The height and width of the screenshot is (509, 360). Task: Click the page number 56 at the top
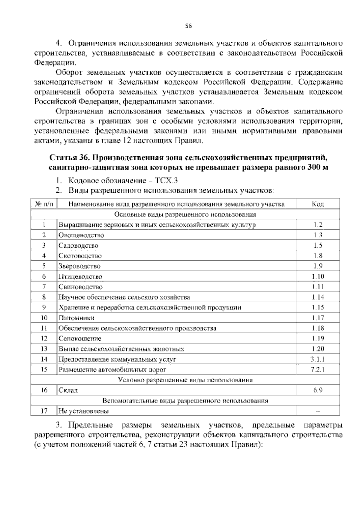click(x=188, y=26)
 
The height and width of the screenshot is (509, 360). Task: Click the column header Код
click(x=318, y=204)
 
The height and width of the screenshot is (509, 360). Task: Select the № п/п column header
click(x=44, y=204)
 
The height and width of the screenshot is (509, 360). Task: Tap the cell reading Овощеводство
click(x=81, y=235)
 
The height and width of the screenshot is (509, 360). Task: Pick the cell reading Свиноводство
click(x=81, y=287)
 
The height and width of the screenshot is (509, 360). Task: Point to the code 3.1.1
click(x=318, y=359)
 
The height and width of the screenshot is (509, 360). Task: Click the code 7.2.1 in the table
click(x=318, y=369)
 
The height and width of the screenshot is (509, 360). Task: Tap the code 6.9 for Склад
click(x=318, y=390)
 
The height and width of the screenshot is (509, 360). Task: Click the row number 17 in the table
click(x=44, y=411)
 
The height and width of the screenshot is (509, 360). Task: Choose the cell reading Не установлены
click(x=84, y=411)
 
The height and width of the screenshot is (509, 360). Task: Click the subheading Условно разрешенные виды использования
click(x=185, y=380)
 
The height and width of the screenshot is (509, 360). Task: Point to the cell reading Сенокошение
click(x=80, y=339)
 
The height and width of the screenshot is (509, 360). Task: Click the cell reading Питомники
click(x=76, y=318)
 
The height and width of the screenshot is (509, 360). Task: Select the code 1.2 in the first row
click(x=318, y=225)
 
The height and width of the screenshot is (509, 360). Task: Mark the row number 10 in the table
click(x=44, y=318)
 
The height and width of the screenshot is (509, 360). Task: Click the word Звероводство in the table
click(x=79, y=266)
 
